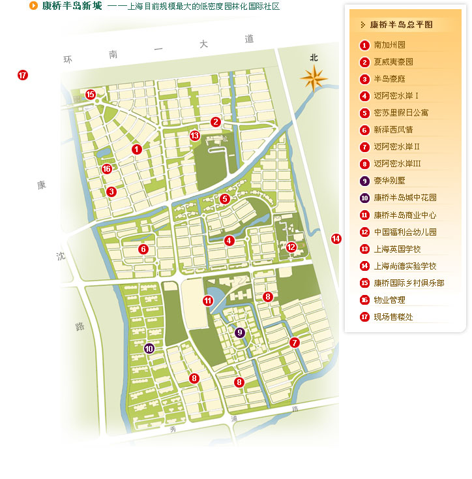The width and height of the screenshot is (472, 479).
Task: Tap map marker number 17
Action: [23, 75]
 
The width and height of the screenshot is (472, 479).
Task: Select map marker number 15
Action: [91, 95]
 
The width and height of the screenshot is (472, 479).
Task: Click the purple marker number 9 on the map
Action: [241, 333]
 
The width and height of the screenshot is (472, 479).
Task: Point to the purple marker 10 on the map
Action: [150, 348]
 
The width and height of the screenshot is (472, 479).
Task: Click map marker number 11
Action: [208, 301]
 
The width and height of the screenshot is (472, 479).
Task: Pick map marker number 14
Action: [336, 239]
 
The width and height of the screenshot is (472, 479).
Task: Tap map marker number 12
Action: [291, 247]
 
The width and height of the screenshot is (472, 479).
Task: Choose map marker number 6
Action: [143, 249]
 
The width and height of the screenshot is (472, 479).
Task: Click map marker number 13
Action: [194, 136]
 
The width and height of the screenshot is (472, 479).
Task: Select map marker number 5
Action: [225, 198]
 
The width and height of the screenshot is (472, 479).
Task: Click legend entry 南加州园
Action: [389, 46]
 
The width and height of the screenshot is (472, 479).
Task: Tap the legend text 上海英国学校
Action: [397, 249]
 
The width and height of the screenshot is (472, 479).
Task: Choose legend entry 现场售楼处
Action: [393, 317]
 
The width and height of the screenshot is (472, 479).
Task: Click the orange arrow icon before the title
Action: [33, 6]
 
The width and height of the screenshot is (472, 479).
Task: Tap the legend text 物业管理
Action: [389, 300]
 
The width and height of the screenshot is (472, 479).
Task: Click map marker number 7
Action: [295, 343]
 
